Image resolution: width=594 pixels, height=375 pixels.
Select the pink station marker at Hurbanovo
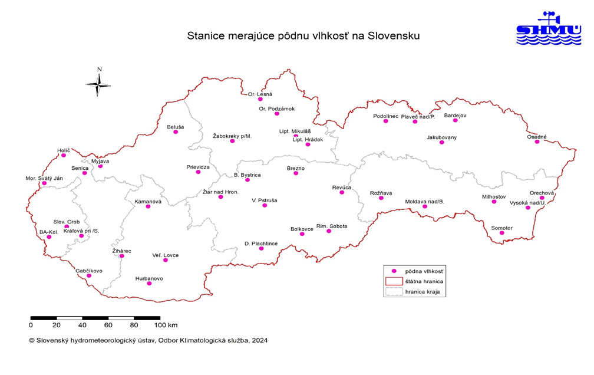(x=149, y=284)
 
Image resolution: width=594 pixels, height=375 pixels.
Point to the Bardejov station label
(x=455, y=116)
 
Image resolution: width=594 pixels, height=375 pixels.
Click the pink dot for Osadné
(x=537, y=142)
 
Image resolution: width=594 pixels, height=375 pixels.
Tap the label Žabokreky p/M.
(x=232, y=136)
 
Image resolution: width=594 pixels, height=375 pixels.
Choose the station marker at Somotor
(x=502, y=233)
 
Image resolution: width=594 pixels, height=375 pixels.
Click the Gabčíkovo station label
(x=89, y=271)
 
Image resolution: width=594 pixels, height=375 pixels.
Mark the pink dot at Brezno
(x=296, y=173)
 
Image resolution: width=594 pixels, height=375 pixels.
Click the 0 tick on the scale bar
(x=31, y=325)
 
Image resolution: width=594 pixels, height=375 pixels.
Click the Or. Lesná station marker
(x=260, y=100)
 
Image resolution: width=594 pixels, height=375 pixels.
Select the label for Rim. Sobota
(x=332, y=226)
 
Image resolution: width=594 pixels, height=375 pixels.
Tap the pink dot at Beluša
(x=176, y=132)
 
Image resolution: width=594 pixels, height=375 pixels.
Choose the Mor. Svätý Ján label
(x=44, y=178)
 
